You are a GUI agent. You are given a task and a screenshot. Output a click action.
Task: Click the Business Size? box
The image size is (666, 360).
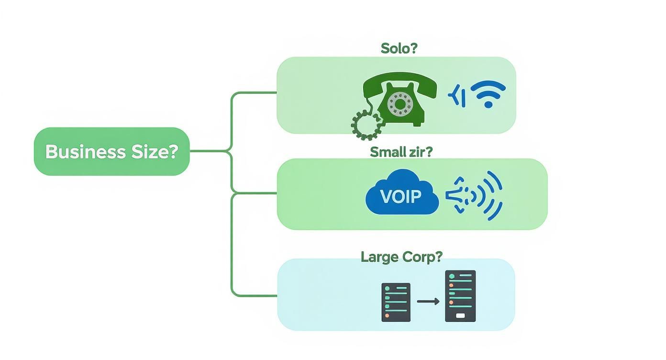[x=111, y=151]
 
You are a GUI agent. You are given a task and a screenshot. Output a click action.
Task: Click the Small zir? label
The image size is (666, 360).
[x=401, y=152]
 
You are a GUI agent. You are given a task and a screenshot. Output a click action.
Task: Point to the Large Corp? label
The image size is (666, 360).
[x=401, y=257]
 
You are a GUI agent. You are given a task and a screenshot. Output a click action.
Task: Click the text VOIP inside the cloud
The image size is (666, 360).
[x=401, y=196]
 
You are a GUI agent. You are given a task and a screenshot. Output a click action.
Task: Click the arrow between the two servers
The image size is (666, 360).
[x=428, y=302]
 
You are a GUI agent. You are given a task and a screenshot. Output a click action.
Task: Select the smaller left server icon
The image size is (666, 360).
[x=396, y=302]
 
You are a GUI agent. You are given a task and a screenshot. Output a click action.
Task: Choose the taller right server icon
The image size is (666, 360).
[x=460, y=296]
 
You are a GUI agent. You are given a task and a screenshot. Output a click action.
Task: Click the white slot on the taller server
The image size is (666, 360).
[x=460, y=315]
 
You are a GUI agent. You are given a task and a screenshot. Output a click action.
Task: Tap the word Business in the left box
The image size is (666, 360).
[x=85, y=152]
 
